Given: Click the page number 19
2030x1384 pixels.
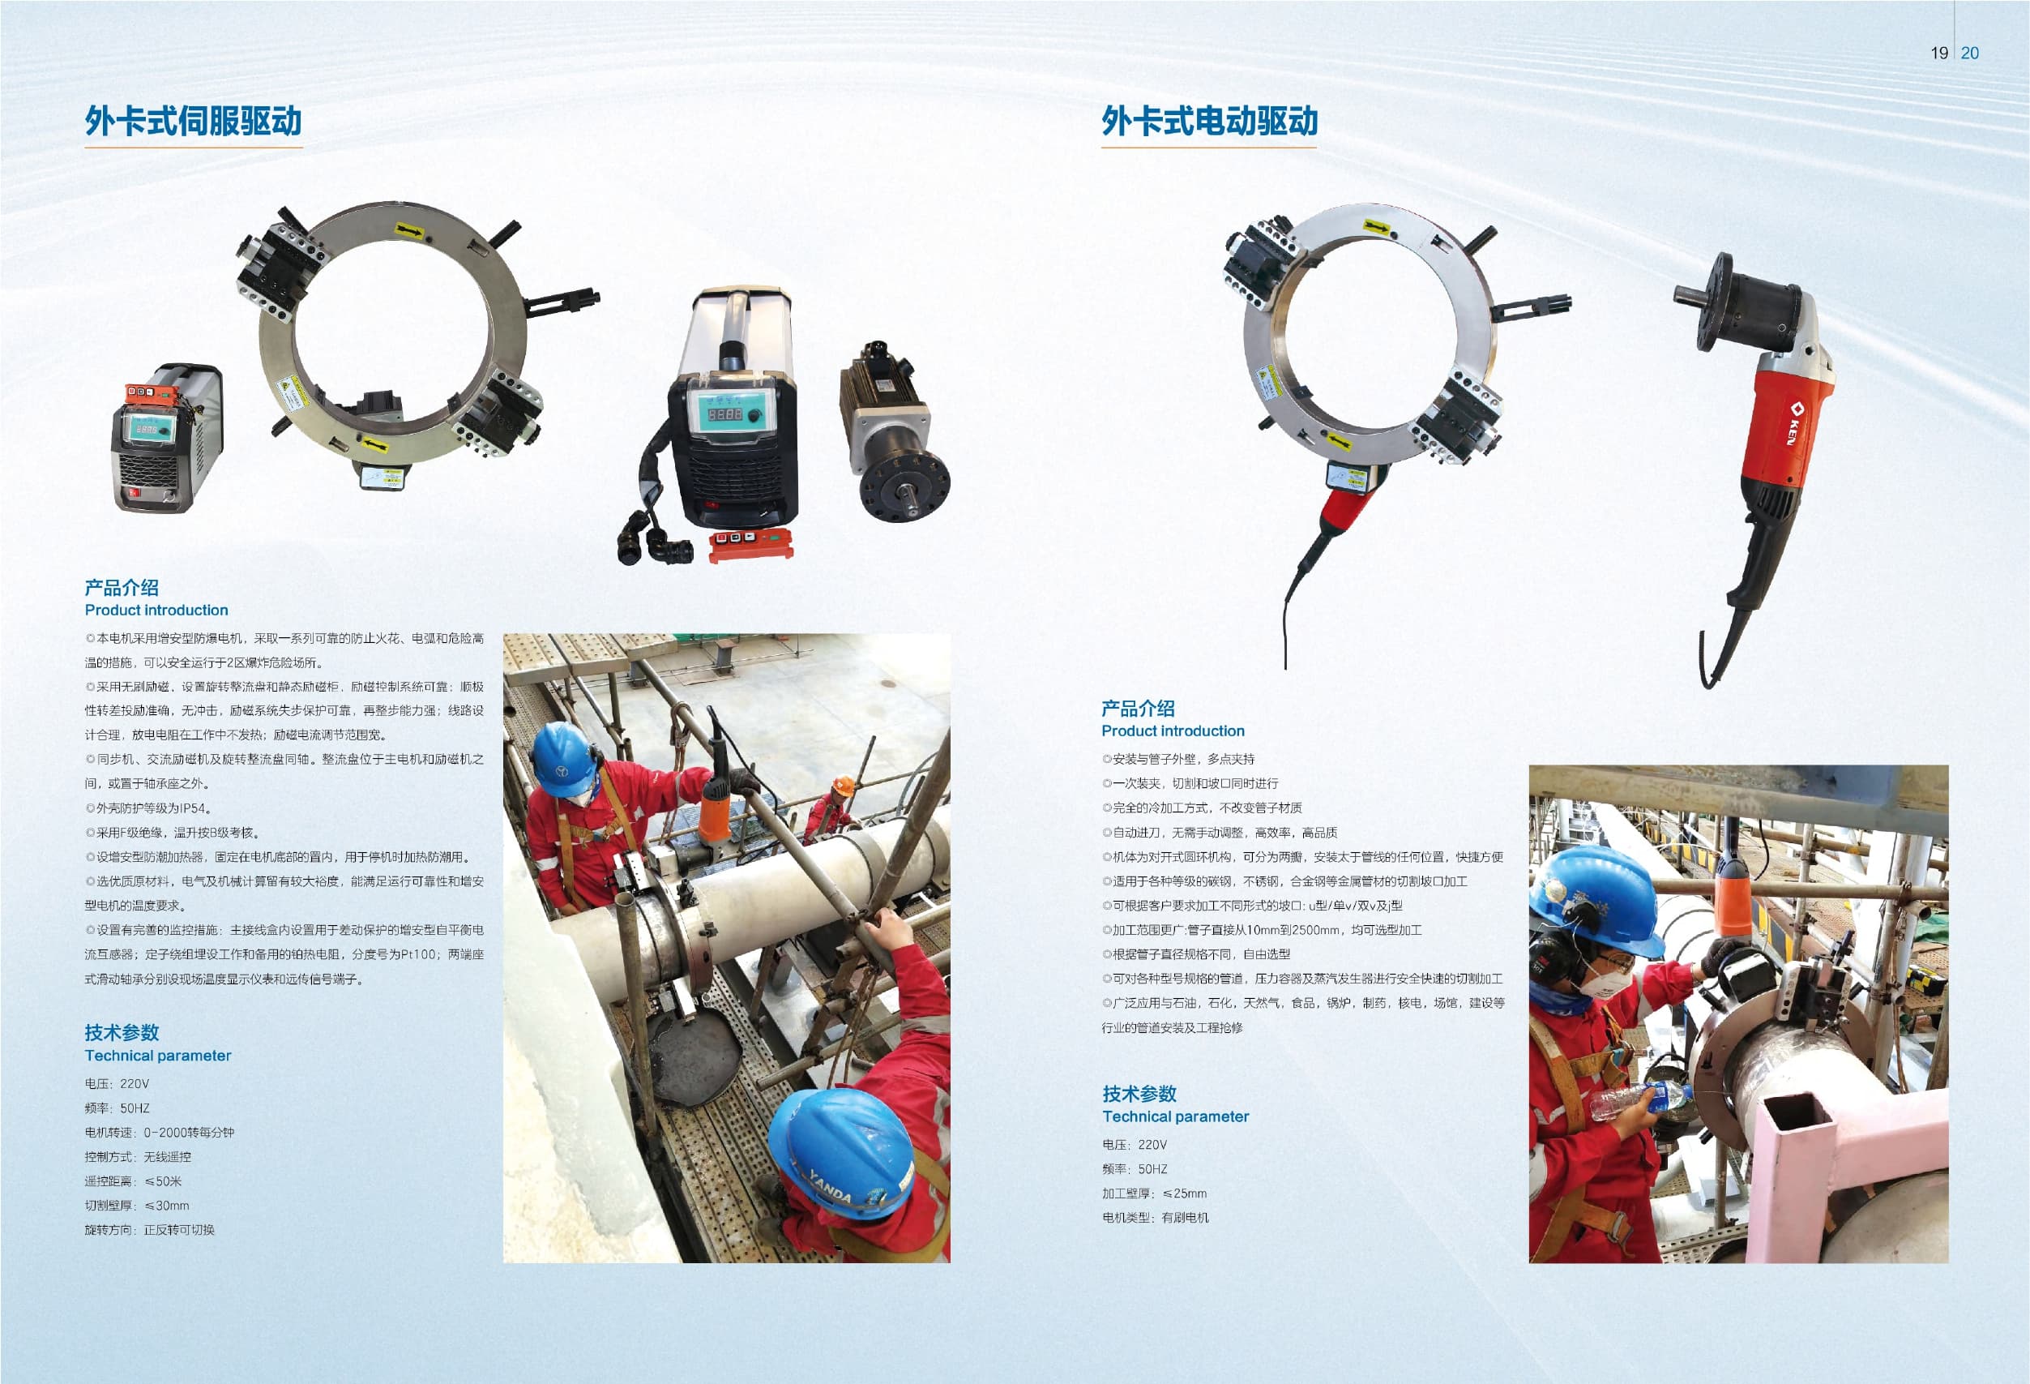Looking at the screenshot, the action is (x=1939, y=54).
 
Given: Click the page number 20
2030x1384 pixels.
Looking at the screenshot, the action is (x=1970, y=54).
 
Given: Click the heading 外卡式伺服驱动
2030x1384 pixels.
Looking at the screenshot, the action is (x=193, y=121).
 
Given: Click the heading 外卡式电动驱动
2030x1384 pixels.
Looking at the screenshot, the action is (x=1209, y=121).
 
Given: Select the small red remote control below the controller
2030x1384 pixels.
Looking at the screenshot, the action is (x=750, y=542).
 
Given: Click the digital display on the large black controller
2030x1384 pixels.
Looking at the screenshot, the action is (x=724, y=414).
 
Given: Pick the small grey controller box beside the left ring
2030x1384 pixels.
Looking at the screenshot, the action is (x=166, y=438).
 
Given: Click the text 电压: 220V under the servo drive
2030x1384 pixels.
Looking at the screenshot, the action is (x=117, y=1083).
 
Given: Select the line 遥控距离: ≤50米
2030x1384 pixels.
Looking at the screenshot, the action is (x=133, y=1181).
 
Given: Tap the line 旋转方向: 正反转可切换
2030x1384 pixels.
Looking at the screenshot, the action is (x=149, y=1229).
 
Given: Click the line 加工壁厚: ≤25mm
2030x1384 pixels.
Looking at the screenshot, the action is (x=1154, y=1193).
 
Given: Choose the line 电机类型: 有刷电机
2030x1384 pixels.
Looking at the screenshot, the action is (x=1155, y=1218).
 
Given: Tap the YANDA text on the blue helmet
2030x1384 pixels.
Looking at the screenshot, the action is (x=829, y=1183).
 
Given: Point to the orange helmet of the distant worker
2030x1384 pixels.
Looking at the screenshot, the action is (x=843, y=786).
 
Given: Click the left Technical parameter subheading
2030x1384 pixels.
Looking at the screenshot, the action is (x=158, y=1056).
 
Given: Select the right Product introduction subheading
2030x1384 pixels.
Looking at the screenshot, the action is (x=1173, y=731).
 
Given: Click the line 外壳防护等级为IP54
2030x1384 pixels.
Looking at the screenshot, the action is (x=147, y=808).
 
